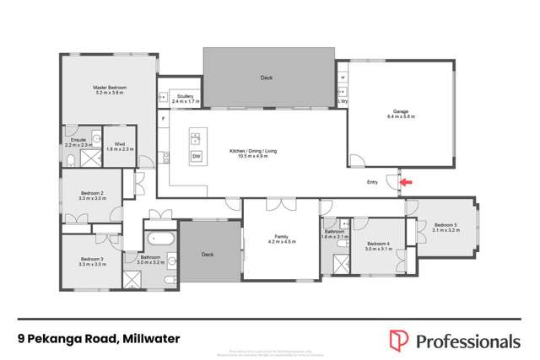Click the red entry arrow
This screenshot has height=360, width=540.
(x=406, y=181)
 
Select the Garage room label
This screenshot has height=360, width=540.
(x=401, y=113)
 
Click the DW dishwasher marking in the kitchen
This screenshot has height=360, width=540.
(x=197, y=157)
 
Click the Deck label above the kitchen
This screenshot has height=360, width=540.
(x=267, y=78)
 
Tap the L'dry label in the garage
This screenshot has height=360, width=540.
(x=343, y=101)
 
